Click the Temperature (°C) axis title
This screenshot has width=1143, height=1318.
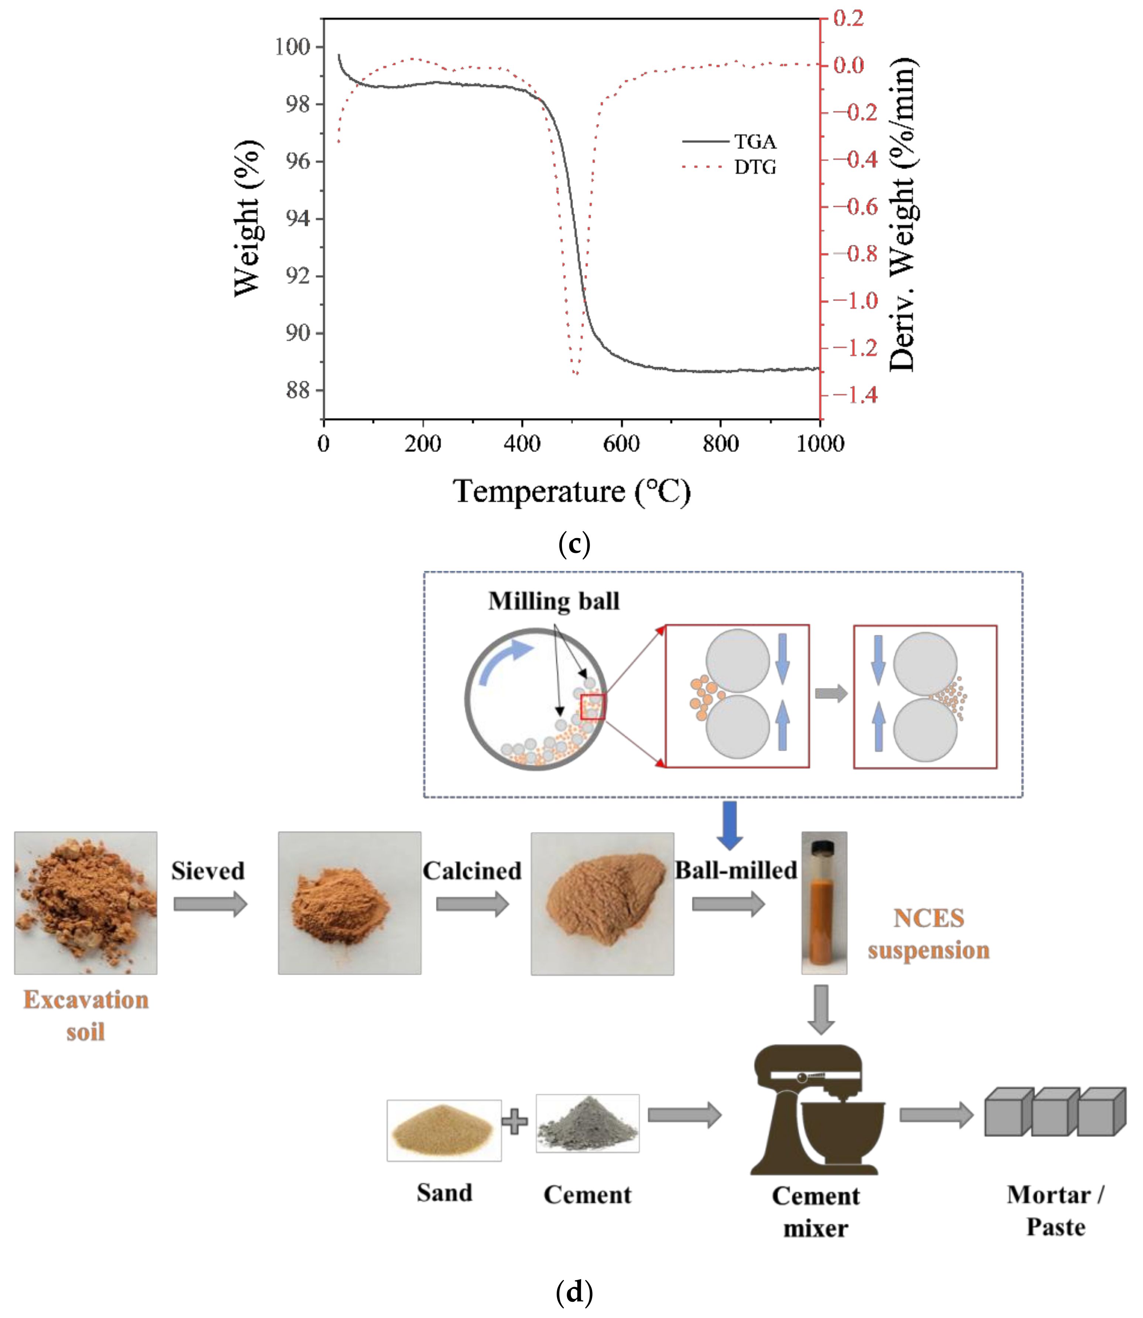[571, 492]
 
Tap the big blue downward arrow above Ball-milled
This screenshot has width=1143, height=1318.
[730, 825]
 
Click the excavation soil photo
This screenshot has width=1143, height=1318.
[86, 903]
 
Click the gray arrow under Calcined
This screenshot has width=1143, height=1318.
[472, 904]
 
